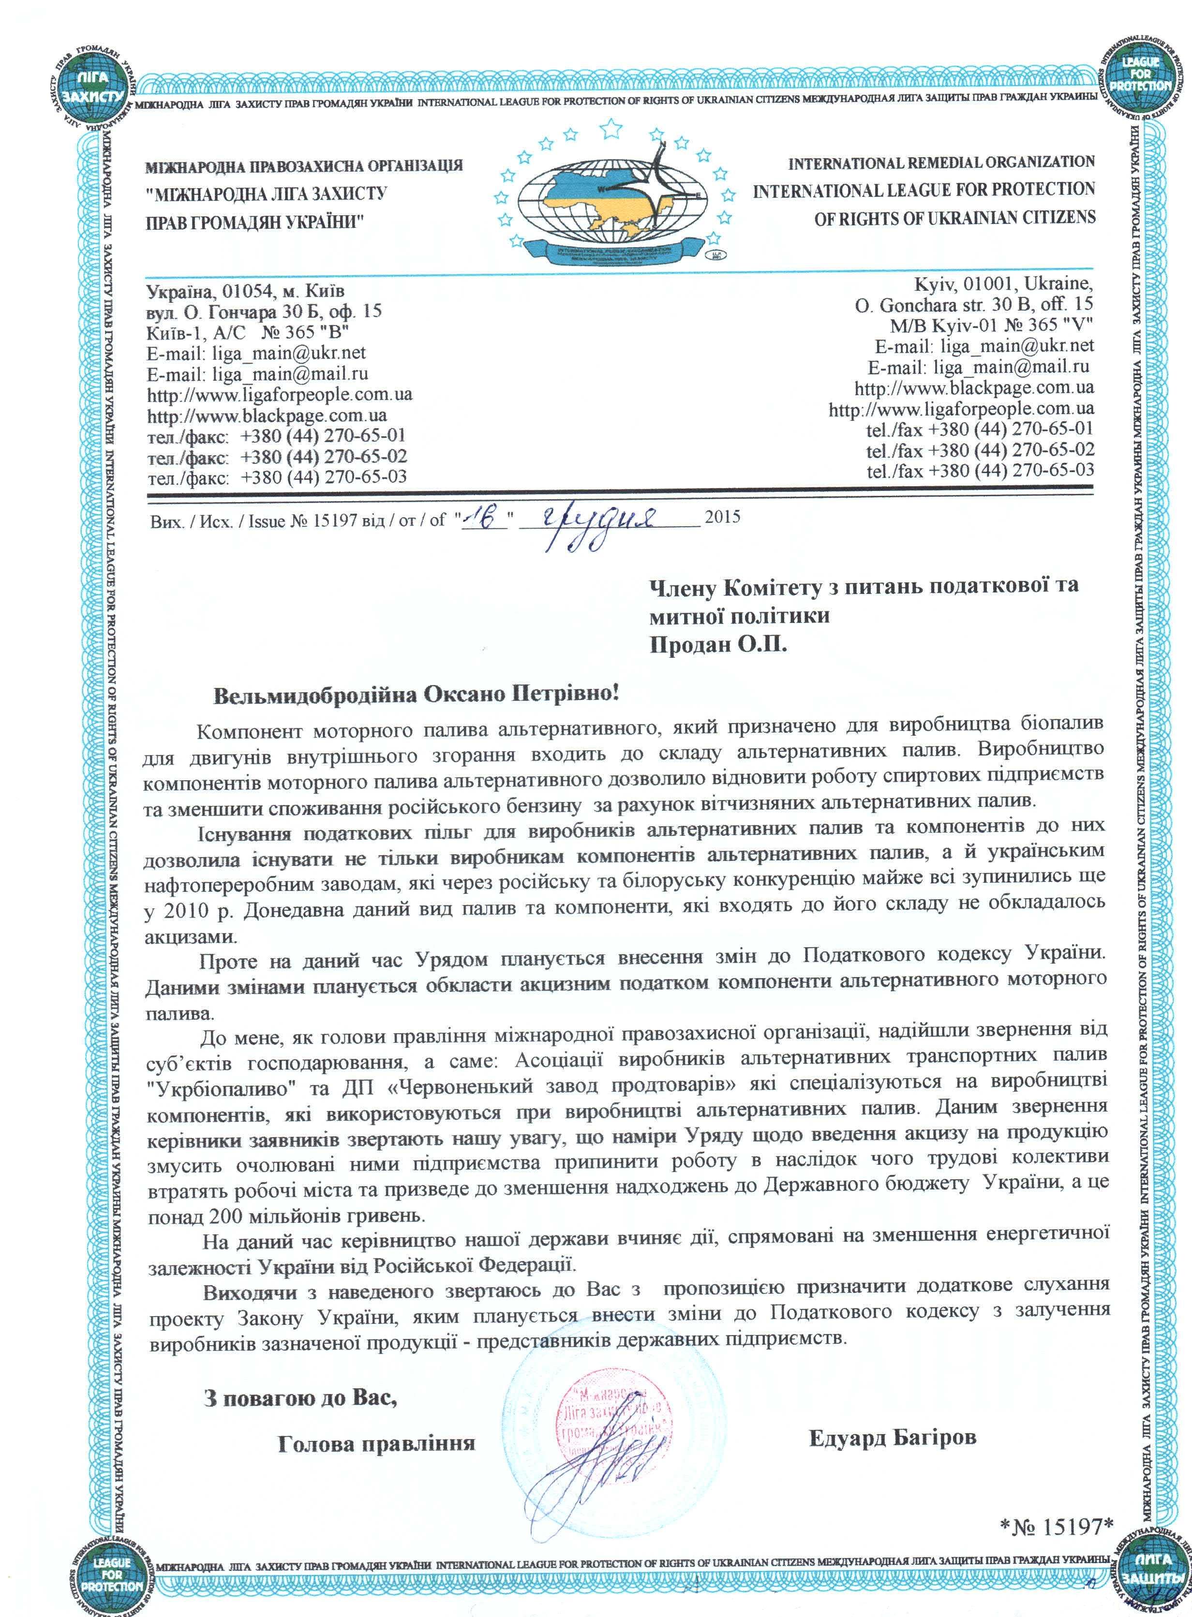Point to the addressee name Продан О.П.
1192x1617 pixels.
pos(718,644)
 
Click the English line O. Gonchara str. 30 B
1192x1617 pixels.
pos(974,304)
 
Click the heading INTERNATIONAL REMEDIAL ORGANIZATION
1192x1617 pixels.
pos(941,163)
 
